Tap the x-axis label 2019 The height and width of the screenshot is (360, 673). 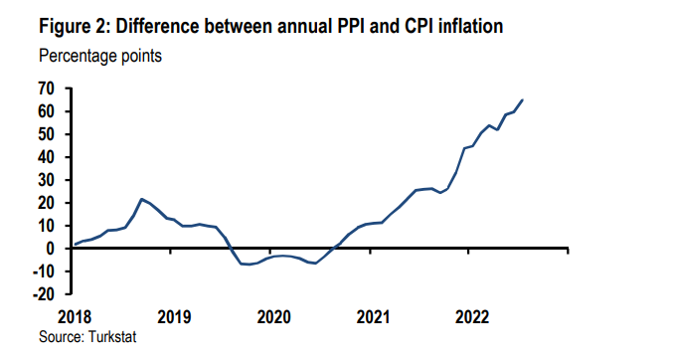(174, 317)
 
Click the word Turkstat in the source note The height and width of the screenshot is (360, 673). (109, 337)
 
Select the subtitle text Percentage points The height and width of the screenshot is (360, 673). (98, 56)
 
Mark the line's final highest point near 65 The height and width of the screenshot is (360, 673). (524, 99)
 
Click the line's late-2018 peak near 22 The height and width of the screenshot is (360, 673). (142, 199)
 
